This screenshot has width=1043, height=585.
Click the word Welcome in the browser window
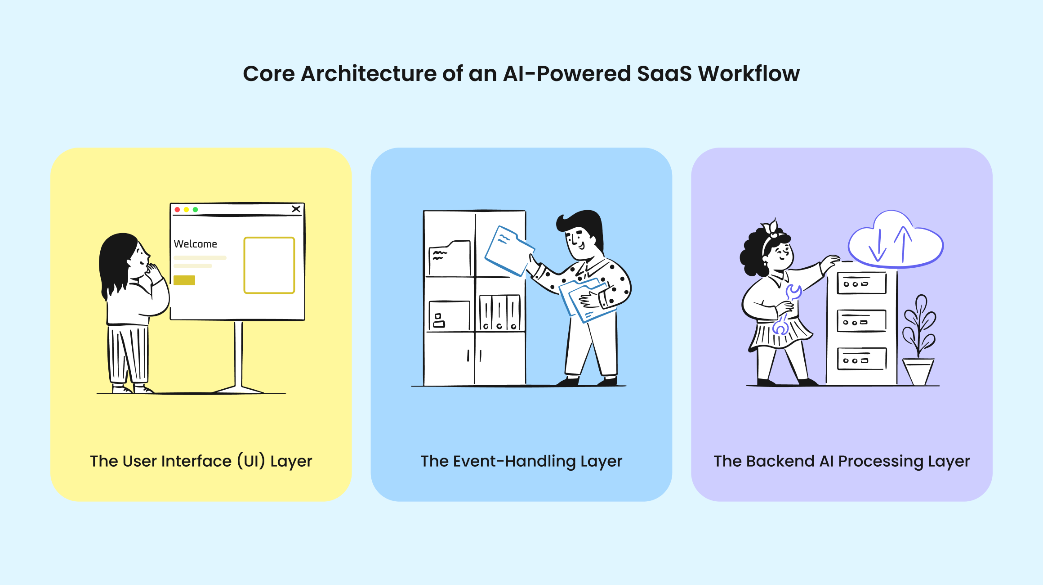click(x=195, y=244)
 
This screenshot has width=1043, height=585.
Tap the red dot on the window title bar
click(x=177, y=210)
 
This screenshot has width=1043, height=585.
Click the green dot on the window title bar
click(x=195, y=210)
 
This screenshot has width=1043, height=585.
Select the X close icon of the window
click(x=296, y=209)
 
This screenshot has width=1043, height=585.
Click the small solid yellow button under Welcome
click(x=184, y=280)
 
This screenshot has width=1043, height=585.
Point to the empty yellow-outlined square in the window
click(x=269, y=265)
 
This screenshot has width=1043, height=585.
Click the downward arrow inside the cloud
click(x=878, y=247)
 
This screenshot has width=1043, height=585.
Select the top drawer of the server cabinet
click(x=861, y=283)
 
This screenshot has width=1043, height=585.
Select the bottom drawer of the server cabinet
click(x=861, y=359)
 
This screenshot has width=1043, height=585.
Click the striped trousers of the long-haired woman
click(x=128, y=353)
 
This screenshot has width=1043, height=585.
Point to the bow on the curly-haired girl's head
click(x=771, y=227)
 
